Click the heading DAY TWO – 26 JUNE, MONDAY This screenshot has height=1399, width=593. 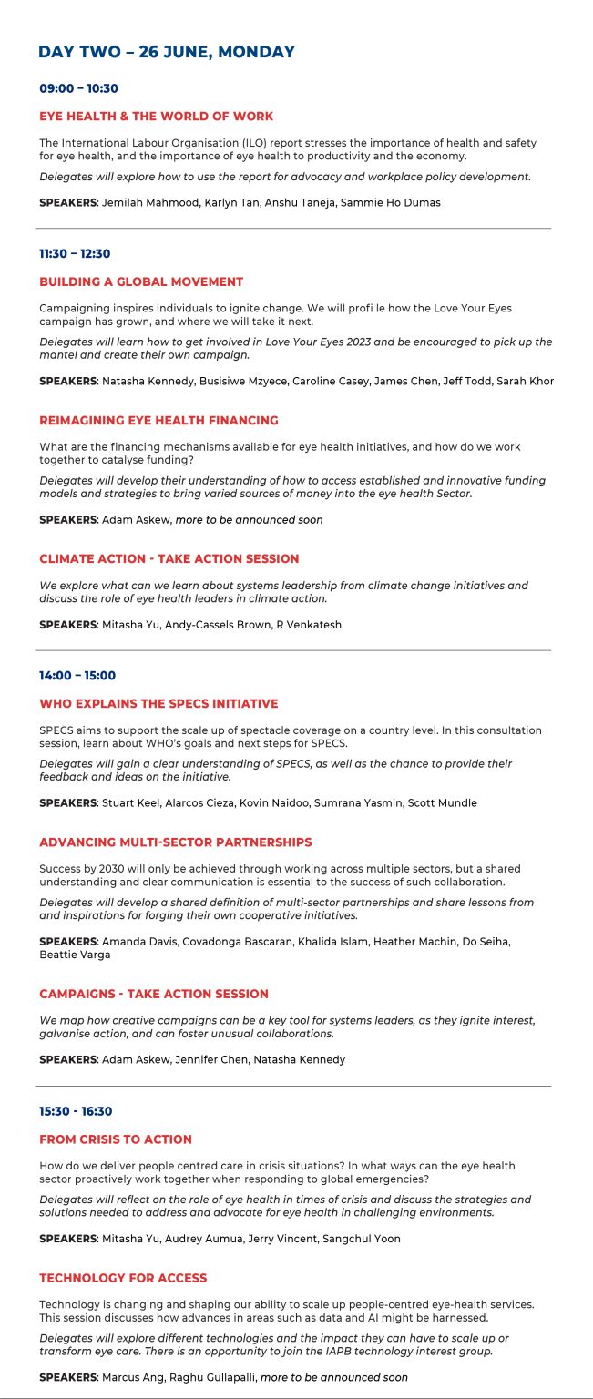pos(167,52)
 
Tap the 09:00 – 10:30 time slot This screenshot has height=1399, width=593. pos(78,88)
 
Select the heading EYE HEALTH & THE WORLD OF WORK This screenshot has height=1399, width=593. pos(156,116)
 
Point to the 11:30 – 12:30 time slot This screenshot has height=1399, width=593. pos(75,253)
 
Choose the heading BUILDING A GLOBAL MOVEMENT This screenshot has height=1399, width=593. pos(141,281)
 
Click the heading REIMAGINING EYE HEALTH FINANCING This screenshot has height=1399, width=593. pos(158,420)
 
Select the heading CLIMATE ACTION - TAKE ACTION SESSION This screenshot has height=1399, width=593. pos(169,558)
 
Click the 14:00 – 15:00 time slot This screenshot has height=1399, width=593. pos(77,676)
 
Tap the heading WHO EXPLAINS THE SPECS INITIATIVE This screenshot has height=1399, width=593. pos(158,703)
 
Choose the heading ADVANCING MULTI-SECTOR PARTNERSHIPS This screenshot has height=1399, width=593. pos(176,842)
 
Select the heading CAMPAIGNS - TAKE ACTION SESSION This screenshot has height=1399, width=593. pos(154,994)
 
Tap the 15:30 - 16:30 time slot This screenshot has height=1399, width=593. pos(76,1111)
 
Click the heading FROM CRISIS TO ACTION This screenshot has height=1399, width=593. pos(116,1139)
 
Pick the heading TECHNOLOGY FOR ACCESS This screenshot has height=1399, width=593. pos(123,1278)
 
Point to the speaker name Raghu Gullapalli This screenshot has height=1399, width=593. pos(219,1377)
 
